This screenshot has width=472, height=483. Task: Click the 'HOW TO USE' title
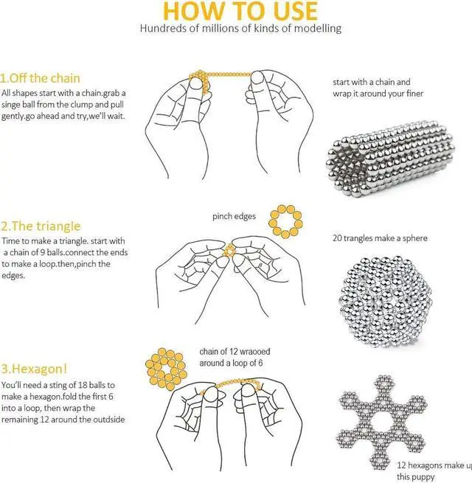point(240,11)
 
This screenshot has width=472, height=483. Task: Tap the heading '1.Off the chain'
point(40,78)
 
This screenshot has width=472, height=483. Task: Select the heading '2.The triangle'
point(41,226)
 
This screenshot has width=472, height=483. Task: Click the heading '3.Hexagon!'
point(34,369)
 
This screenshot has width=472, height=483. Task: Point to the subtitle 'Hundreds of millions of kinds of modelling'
point(240,28)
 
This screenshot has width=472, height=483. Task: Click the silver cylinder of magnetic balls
point(391,158)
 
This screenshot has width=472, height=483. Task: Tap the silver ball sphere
point(388,301)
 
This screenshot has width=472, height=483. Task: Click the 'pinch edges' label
point(234,216)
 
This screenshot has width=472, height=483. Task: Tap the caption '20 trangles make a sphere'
point(380,238)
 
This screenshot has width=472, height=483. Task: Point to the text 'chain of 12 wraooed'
point(235,352)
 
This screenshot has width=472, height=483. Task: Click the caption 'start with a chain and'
point(371,82)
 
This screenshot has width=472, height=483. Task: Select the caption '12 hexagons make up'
point(434,465)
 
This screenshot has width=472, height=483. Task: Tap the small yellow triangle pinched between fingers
point(229,251)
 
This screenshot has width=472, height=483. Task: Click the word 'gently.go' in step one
point(18,117)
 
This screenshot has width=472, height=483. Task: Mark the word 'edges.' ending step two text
point(13,275)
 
